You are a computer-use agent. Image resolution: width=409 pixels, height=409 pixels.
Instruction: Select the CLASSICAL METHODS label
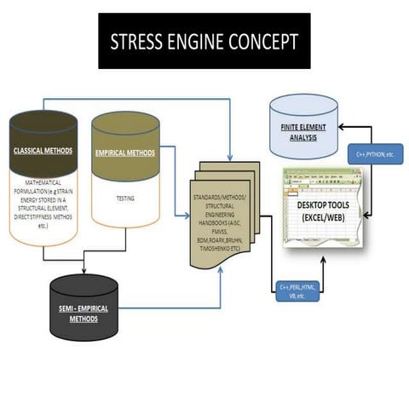43,153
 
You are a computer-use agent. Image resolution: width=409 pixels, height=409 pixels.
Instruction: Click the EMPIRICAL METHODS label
125,154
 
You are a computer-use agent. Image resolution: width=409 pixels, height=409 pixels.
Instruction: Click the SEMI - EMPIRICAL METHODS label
84,314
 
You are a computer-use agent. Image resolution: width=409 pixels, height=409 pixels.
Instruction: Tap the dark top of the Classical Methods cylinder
43,128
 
